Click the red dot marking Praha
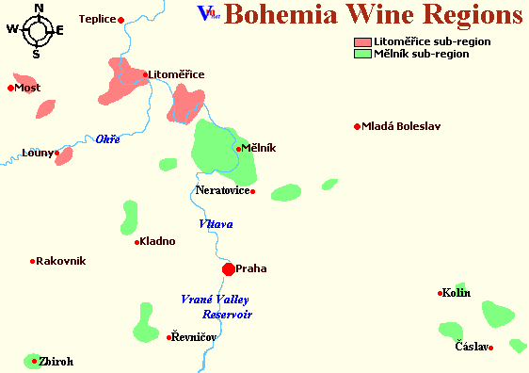click(228, 269)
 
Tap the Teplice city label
click(96, 19)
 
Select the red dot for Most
click(10, 89)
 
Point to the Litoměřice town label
click(176, 74)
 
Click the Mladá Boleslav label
click(401, 126)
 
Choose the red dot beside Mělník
click(239, 148)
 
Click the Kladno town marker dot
click(137, 242)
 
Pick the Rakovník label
click(61, 261)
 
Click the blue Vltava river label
click(215, 224)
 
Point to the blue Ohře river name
click(107, 140)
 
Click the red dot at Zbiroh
click(34, 361)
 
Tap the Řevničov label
click(194, 336)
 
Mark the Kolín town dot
click(440, 293)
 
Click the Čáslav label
click(471, 347)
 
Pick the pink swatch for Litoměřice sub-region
click(361, 42)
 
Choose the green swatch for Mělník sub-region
click(361, 54)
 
